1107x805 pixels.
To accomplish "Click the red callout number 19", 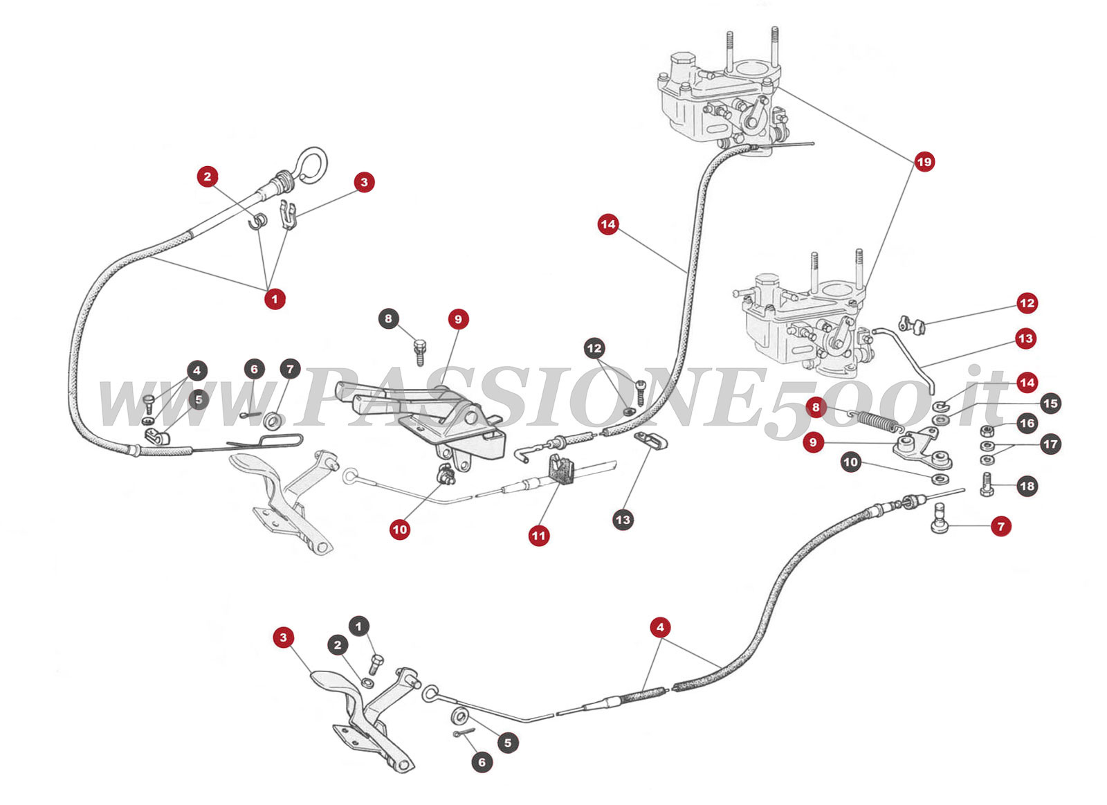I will pyautogui.click(x=924, y=162).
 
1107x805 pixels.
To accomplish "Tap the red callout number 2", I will pyautogui.click(x=208, y=177).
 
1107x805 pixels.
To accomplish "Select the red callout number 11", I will pyautogui.click(x=538, y=535).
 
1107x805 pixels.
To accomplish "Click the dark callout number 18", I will pyautogui.click(x=1027, y=486).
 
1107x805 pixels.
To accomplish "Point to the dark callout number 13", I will pyautogui.click(x=623, y=520).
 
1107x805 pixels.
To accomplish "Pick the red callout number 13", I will pyautogui.click(x=1025, y=338).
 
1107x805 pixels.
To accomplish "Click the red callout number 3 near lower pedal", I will pyautogui.click(x=283, y=637).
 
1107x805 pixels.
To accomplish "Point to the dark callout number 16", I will pyautogui.click(x=1027, y=423).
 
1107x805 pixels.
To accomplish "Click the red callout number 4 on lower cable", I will pyautogui.click(x=660, y=627).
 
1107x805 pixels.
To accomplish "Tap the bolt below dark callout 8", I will pyautogui.click(x=419, y=352).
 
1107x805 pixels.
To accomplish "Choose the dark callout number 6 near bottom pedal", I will pyautogui.click(x=482, y=762).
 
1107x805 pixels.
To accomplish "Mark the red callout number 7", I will pyautogui.click(x=1000, y=526).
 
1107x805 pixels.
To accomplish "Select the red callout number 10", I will pyautogui.click(x=400, y=530).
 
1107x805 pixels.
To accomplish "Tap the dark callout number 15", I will pyautogui.click(x=1050, y=403).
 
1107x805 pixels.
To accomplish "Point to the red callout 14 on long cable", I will pyautogui.click(x=607, y=224).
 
